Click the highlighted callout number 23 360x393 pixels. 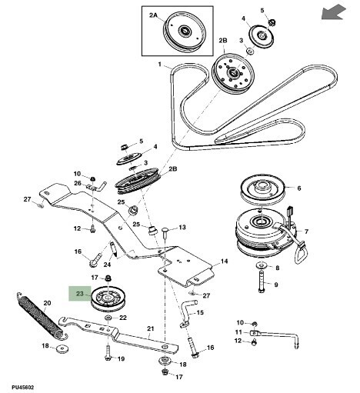[80, 293]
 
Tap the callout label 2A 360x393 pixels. [153, 15]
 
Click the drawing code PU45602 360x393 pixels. [22, 387]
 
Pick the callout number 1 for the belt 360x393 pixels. [160, 64]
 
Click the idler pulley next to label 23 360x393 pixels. [109, 299]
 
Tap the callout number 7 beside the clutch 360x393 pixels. [306, 231]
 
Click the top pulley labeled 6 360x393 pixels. [262, 188]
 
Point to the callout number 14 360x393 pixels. [224, 261]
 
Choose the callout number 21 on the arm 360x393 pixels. [151, 328]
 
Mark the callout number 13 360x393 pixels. [182, 227]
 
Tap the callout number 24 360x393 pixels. [107, 264]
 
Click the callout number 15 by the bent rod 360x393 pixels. [200, 312]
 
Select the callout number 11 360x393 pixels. [238, 332]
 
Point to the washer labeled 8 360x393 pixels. [262, 265]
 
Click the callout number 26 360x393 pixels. [78, 183]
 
